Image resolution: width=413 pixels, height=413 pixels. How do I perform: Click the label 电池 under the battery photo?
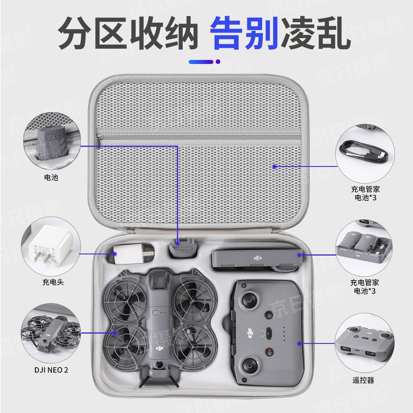pyautogui.click(x=51, y=178)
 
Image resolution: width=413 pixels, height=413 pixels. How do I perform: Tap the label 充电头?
pyautogui.click(x=53, y=282)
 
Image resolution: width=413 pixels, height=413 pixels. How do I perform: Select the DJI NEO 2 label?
pyautogui.click(x=51, y=370)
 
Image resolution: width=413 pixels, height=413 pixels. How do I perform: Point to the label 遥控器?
pyautogui.click(x=363, y=380)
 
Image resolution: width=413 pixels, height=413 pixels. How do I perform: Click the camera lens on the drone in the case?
pyautogui.click(x=158, y=365)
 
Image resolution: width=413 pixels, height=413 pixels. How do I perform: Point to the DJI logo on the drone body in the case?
pyautogui.click(x=159, y=348)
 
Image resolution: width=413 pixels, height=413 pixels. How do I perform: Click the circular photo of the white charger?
pyautogui.click(x=51, y=246)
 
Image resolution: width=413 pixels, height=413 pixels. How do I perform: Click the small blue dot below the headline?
pyautogui.click(x=218, y=62)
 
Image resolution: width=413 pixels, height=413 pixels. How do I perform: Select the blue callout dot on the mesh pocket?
pyautogui.click(x=274, y=166)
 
